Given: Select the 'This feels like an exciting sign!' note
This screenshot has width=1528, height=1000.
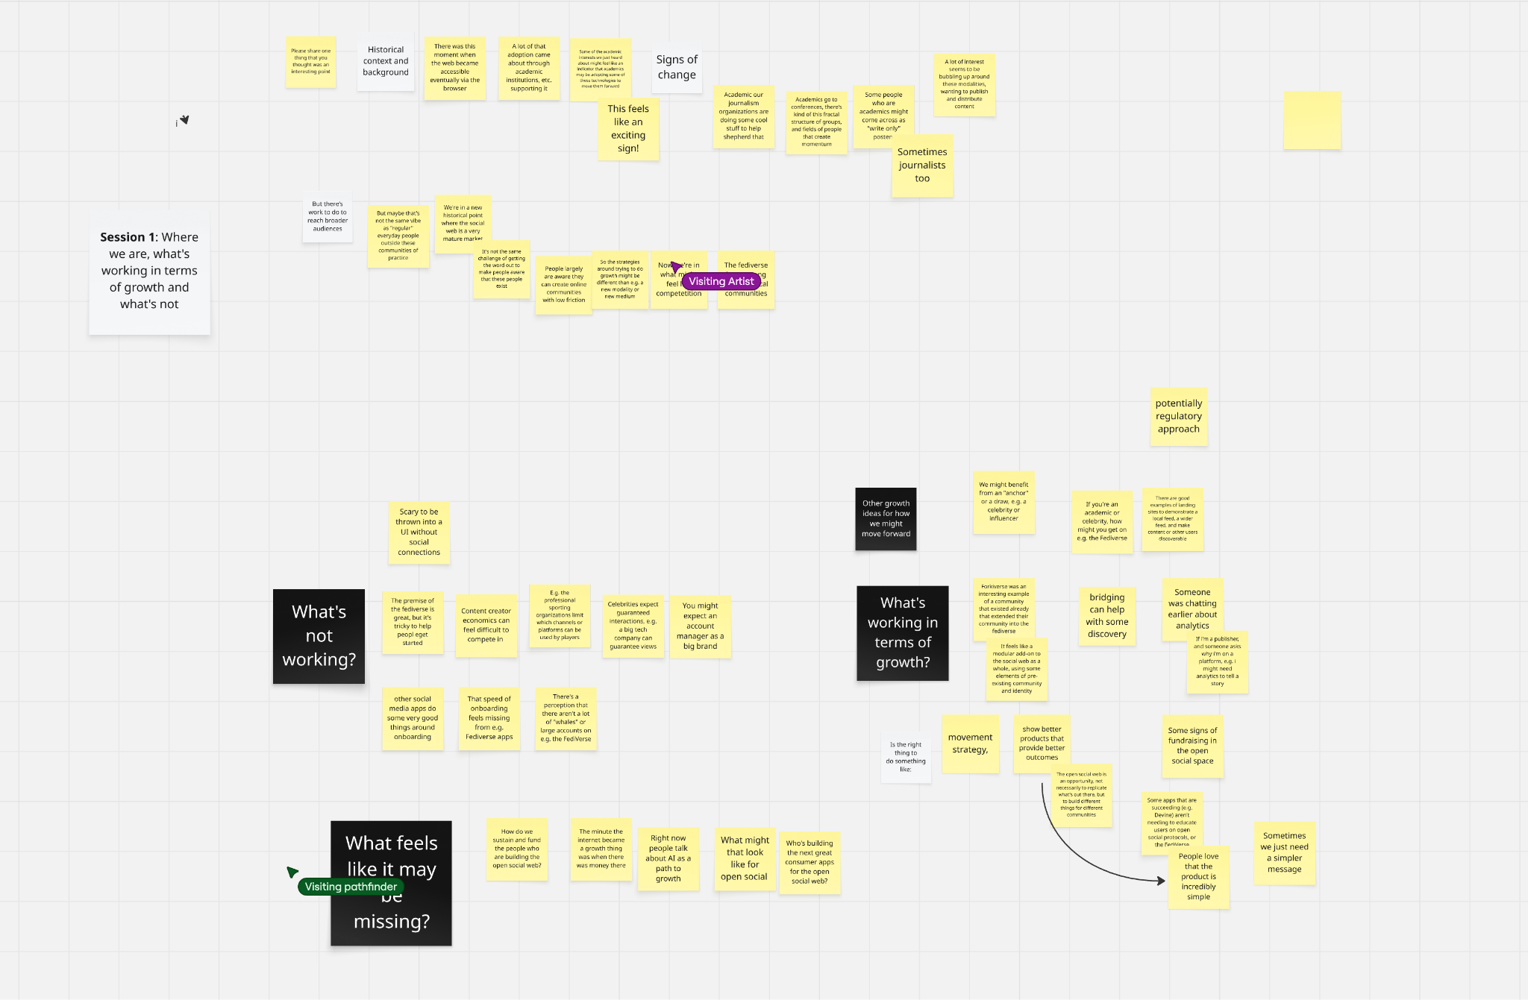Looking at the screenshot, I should click(x=628, y=128).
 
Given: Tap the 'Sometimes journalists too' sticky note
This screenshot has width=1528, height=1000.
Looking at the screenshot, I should click(x=922, y=166).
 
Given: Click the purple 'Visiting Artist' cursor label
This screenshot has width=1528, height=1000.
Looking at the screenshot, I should click(x=721, y=281).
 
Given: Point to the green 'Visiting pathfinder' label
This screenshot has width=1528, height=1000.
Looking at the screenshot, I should click(x=351, y=887).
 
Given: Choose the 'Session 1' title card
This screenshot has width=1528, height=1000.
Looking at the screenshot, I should click(x=149, y=271).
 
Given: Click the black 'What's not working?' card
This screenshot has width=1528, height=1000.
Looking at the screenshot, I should click(x=319, y=636).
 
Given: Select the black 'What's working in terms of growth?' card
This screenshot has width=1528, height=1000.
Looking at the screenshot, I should click(x=902, y=632).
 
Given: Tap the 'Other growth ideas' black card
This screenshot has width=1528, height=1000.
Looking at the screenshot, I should click(x=886, y=519).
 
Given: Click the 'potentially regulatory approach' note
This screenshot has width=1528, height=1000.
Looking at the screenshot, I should click(x=1179, y=416).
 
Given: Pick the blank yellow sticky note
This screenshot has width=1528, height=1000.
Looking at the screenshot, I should click(x=1312, y=120).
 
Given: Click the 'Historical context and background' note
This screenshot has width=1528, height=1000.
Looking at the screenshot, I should click(x=386, y=62).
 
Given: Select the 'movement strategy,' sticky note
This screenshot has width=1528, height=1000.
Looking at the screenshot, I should click(x=970, y=743).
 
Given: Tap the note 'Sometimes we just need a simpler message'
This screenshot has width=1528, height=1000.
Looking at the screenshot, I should click(x=1284, y=853).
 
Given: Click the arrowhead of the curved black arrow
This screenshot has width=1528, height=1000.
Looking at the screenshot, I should click(x=1162, y=881).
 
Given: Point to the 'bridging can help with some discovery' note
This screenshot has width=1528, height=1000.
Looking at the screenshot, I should click(x=1106, y=615).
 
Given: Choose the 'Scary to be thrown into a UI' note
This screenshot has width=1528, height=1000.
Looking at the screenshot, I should click(x=419, y=532).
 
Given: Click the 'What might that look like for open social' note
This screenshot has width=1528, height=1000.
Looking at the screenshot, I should click(x=744, y=858).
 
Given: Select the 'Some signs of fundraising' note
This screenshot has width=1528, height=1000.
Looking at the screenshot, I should click(x=1192, y=746).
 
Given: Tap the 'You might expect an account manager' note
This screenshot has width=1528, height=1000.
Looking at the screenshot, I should click(x=700, y=626).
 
